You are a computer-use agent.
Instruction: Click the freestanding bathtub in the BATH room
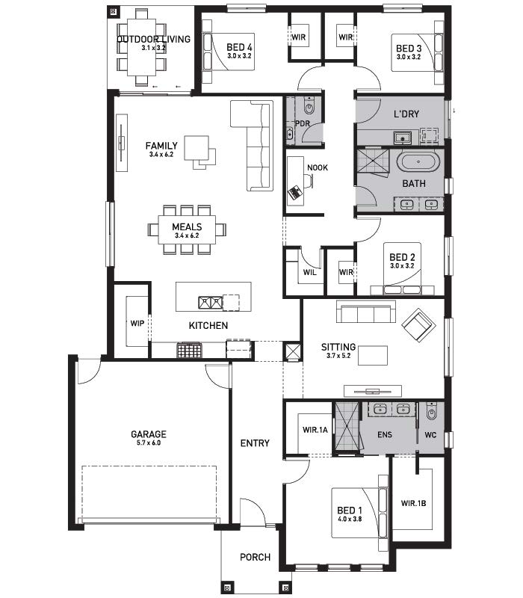[x=418, y=162]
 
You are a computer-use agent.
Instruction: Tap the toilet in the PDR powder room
[x=309, y=105]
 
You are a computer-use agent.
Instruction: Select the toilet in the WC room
[x=431, y=410]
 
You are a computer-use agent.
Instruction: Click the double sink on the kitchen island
[x=210, y=303]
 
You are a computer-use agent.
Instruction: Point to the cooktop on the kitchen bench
[x=189, y=350]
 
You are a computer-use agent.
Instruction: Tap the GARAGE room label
[x=149, y=434]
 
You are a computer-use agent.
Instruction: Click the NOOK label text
[x=317, y=167]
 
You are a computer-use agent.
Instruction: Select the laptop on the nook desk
[x=294, y=192]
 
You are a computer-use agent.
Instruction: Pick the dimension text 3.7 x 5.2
[x=338, y=356]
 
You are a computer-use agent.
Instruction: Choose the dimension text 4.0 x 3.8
[x=350, y=519]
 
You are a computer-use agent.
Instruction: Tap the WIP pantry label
[x=137, y=323]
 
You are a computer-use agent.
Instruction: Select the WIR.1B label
[x=413, y=503]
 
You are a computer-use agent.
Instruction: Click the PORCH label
[x=255, y=557]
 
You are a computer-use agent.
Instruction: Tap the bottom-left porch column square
[x=228, y=588]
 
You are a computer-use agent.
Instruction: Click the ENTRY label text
[x=255, y=443]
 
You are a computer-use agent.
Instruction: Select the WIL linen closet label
[x=309, y=272]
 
